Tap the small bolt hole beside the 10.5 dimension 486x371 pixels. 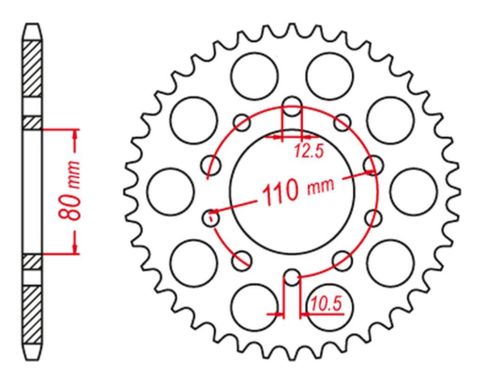pos(292,277)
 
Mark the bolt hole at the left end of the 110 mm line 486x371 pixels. pos(211,216)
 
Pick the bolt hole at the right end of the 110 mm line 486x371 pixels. pos(372,166)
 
